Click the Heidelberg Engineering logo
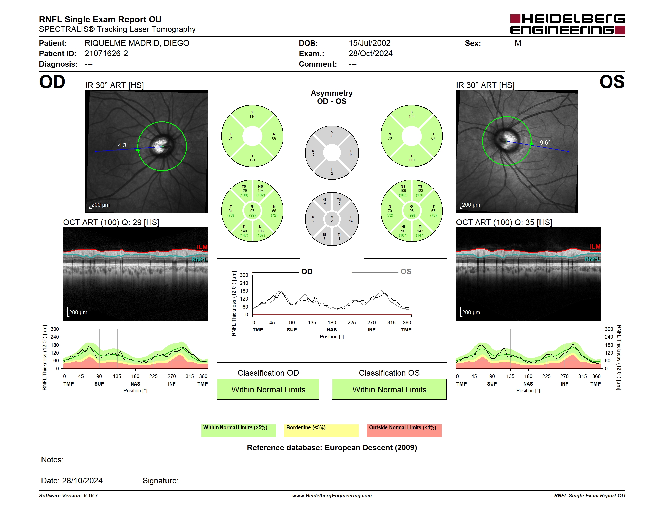tap(567, 24)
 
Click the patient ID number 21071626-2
tap(106, 54)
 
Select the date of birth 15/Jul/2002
tap(369, 43)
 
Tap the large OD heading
tap(52, 82)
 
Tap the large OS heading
tap(612, 82)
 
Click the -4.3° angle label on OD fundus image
tap(122, 145)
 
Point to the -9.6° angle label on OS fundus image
tap(544, 143)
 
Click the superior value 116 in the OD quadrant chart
tap(252, 117)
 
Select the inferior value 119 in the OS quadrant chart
tap(412, 160)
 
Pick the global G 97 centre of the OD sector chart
tap(252, 211)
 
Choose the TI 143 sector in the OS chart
tap(420, 231)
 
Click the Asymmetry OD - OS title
tap(332, 97)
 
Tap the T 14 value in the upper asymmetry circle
tap(351, 153)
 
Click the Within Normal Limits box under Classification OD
tap(268, 389)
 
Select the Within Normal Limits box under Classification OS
tap(389, 389)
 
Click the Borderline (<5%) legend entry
tap(322, 431)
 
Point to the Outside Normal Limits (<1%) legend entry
tap(404, 431)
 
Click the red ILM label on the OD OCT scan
tap(202, 247)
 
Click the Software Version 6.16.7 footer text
tap(68, 496)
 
